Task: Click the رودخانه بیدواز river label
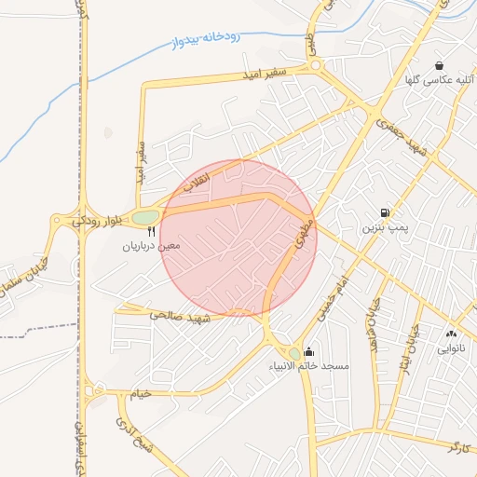pos(207,40)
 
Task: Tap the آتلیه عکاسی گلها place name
pos(441,81)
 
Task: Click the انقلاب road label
pos(195,184)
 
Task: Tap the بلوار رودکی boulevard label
pos(97,221)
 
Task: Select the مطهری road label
pos(303,231)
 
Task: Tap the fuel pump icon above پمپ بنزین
pos(386,212)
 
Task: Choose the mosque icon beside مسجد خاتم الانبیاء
pos(309,352)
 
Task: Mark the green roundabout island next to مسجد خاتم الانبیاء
pos(295,353)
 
